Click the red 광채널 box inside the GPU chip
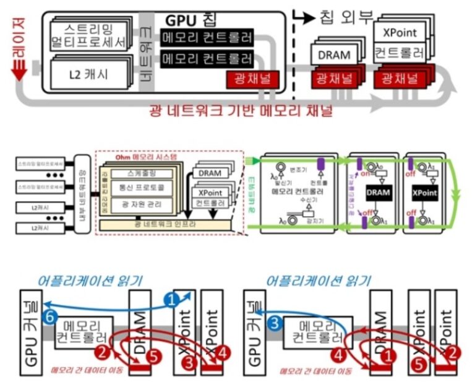253,79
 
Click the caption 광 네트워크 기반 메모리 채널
241,111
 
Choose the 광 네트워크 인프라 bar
167,224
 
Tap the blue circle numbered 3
276,322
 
